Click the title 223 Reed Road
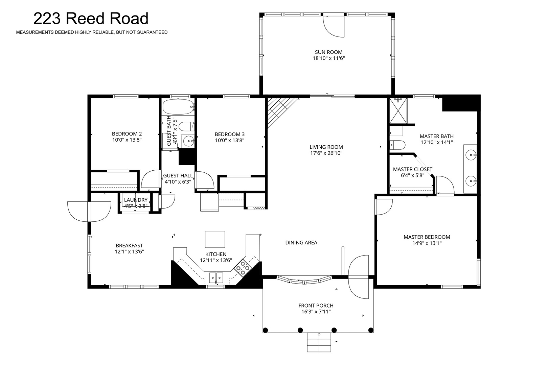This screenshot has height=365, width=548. click(91, 19)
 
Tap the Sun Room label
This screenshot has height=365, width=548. click(328, 52)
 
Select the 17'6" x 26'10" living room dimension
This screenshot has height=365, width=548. click(326, 153)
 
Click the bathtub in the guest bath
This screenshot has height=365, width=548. click(178, 107)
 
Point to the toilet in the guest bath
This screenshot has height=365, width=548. click(187, 127)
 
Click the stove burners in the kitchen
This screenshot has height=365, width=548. click(243, 268)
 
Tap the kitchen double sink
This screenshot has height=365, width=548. click(216, 278)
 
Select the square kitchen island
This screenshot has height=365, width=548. click(215, 239)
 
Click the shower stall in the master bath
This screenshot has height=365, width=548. click(398, 111)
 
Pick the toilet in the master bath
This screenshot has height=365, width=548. click(397, 145)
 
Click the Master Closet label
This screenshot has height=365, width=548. click(412, 169)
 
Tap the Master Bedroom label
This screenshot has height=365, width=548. click(427, 237)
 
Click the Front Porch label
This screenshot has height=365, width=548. click(316, 306)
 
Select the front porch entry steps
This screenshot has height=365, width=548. click(319, 342)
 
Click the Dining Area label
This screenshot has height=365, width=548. click(301, 243)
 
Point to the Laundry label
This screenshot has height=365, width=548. click(136, 200)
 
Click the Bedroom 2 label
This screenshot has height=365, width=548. click(127, 134)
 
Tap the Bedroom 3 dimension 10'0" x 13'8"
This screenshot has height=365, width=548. click(230, 140)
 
